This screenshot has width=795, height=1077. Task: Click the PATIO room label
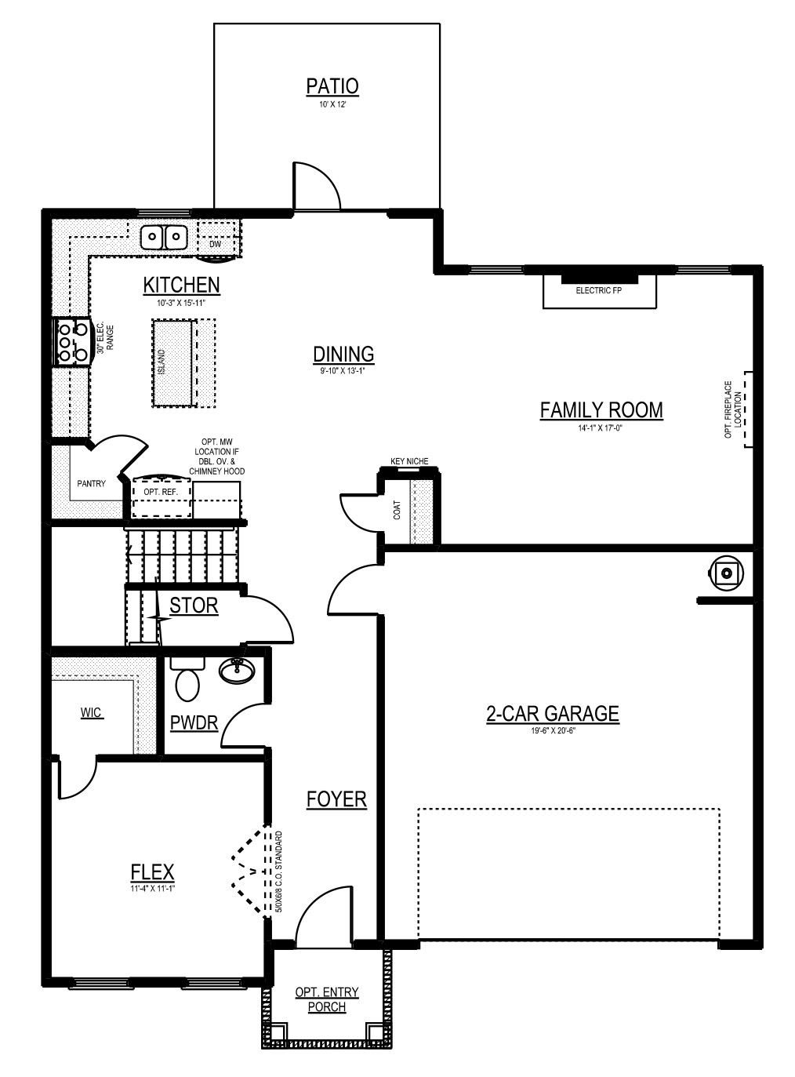[x=332, y=86]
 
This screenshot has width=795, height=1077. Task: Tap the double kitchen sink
[x=164, y=238]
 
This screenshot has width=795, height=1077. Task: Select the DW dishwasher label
[x=215, y=244]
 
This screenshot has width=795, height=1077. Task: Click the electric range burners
[x=73, y=342]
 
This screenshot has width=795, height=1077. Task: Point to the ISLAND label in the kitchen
[x=162, y=362]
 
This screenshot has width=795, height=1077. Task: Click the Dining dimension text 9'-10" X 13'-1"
[x=343, y=371]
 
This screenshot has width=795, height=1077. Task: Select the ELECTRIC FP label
[x=598, y=290]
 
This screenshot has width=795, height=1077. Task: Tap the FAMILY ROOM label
[x=601, y=410]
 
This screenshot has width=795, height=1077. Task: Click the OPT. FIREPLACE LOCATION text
[x=733, y=409]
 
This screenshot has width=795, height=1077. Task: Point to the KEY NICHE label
[x=409, y=461]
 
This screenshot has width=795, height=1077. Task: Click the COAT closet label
[x=397, y=511]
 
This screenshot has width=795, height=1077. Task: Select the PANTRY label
[x=91, y=484]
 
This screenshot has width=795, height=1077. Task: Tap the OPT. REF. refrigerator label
[x=161, y=492]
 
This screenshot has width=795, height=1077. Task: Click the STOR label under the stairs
[x=194, y=606]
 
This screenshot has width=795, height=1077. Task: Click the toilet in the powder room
[x=187, y=680]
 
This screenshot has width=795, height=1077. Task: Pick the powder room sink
[x=237, y=671]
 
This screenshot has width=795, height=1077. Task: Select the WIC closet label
[x=92, y=713]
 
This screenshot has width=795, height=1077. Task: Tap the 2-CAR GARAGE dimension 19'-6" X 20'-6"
[x=553, y=730]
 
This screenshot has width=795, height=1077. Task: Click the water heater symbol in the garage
[x=725, y=573]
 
